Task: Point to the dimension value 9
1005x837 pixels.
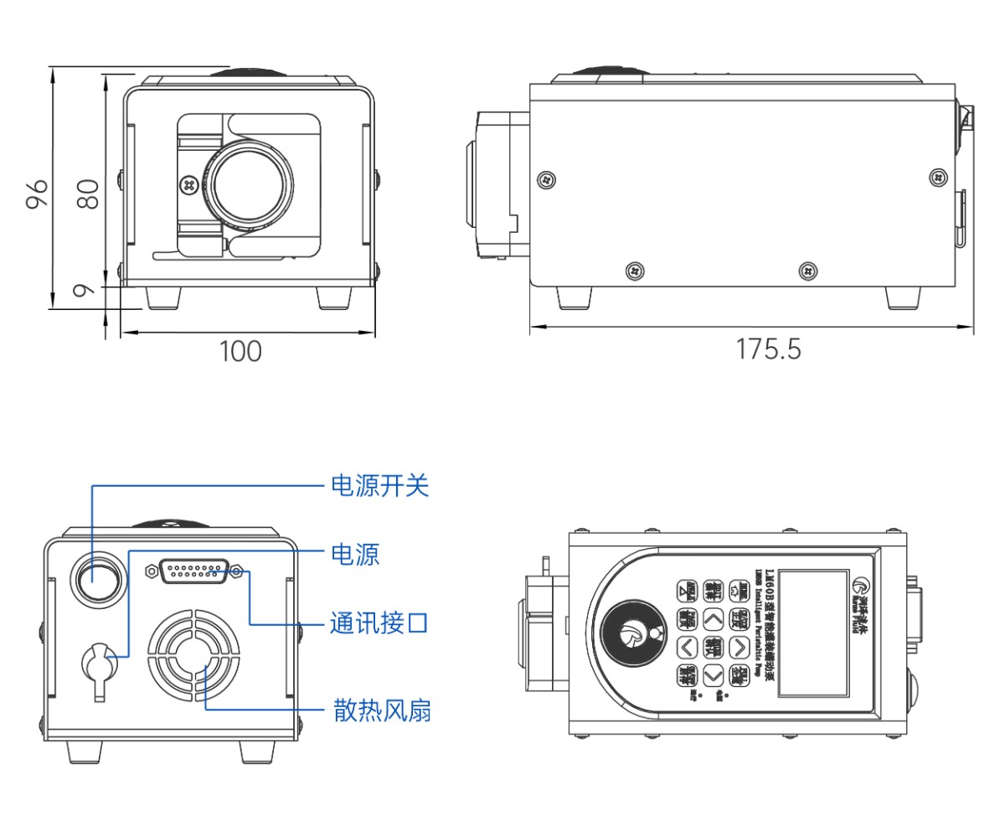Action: [x=82, y=291]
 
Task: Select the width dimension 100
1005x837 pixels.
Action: [x=240, y=351]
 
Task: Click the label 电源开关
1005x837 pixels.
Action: [x=380, y=485]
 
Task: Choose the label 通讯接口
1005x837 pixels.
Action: [x=379, y=623]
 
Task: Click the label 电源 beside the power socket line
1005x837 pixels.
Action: [x=356, y=554]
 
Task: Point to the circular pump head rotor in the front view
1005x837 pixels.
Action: [x=250, y=183]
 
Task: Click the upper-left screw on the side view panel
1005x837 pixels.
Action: [x=547, y=178]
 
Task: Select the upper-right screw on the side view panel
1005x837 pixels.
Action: [x=938, y=177]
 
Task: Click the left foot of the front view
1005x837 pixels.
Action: [x=163, y=297]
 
